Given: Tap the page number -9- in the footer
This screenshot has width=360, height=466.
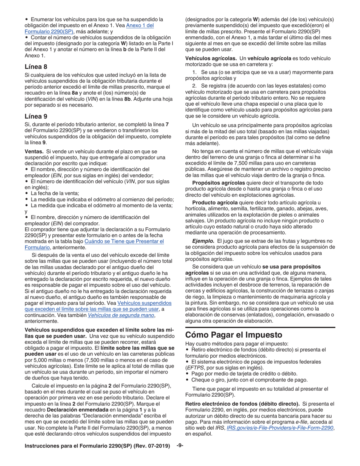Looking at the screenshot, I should tap(180, 446).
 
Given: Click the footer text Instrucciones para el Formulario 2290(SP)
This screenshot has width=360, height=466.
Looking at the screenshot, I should tap(97, 446).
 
